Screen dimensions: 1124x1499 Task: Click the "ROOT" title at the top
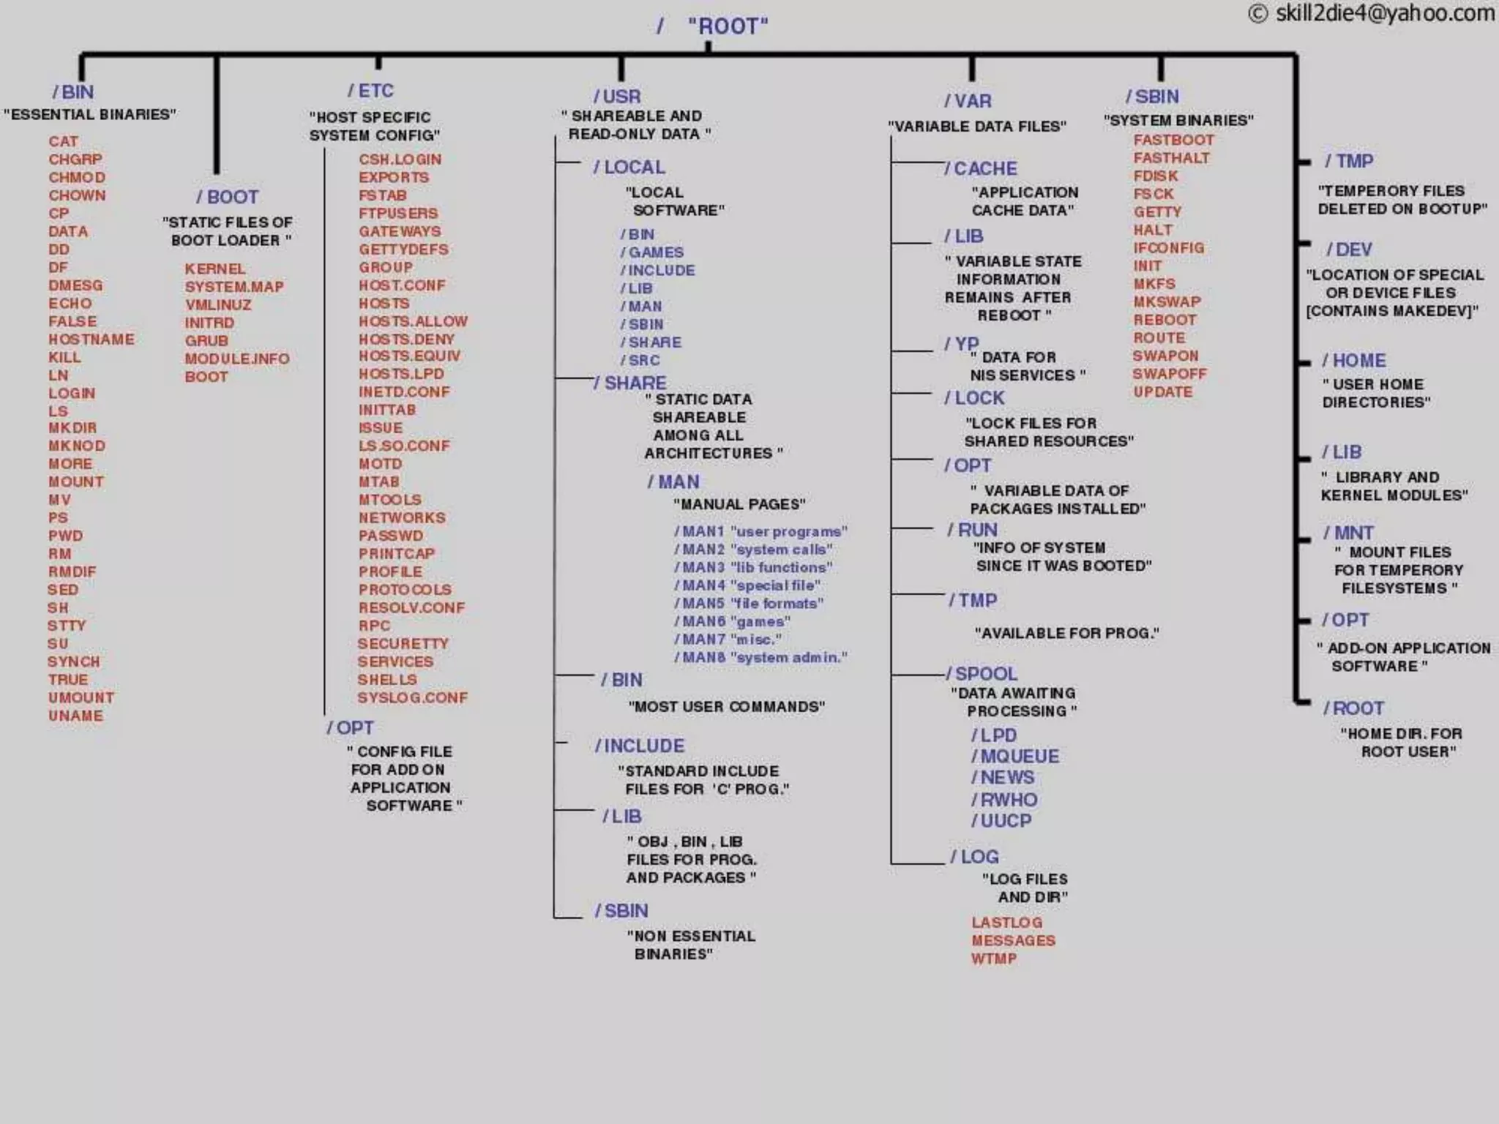point(728,26)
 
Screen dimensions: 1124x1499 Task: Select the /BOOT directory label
point(228,197)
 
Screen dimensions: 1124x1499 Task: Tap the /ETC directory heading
point(371,91)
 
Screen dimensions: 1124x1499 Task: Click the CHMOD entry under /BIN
point(77,177)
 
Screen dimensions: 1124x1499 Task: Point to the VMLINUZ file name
point(218,304)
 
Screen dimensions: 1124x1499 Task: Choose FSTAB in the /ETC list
point(382,195)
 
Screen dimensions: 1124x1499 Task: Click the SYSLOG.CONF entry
point(412,698)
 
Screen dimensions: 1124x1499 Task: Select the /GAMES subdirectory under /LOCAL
point(652,252)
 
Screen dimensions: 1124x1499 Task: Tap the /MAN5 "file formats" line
point(749,604)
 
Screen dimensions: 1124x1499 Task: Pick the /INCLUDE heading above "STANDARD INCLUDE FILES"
point(640,746)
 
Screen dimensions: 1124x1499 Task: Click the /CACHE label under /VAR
point(981,168)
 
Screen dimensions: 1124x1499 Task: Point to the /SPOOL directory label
point(982,673)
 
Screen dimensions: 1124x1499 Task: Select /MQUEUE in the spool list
point(1015,756)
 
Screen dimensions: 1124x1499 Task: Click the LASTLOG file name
point(1007,923)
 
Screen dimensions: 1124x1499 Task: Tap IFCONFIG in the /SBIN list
point(1169,248)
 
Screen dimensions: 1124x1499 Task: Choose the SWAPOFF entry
point(1170,374)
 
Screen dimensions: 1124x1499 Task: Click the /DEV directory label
point(1349,250)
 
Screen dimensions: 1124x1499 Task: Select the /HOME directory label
point(1354,361)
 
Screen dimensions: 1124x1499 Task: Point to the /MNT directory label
point(1349,533)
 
